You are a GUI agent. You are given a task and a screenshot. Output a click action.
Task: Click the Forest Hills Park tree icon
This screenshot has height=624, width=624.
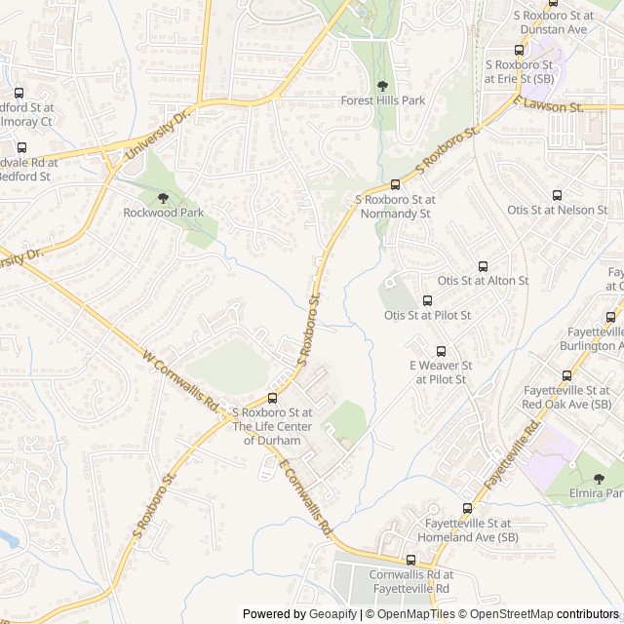tap(382, 87)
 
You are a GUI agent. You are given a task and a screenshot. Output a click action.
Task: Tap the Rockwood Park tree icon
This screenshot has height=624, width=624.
tap(162, 198)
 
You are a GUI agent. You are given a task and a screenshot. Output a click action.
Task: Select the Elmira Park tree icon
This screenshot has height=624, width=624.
tap(599, 480)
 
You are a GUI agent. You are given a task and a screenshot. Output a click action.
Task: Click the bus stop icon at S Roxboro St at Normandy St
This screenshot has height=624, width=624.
tap(395, 185)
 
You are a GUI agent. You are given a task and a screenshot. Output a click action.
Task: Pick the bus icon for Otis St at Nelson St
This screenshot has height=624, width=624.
tap(557, 196)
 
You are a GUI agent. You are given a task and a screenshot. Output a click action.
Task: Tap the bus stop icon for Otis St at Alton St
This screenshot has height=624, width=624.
tap(483, 266)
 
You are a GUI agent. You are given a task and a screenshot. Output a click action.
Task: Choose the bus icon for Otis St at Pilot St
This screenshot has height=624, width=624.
tap(427, 301)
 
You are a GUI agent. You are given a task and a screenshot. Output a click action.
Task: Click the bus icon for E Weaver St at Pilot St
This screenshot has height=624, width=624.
tap(441, 351)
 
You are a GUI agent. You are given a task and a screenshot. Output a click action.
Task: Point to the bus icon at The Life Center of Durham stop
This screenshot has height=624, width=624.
tap(272, 398)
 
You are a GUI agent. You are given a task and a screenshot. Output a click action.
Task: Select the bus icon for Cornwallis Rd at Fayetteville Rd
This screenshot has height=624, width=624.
tap(409, 561)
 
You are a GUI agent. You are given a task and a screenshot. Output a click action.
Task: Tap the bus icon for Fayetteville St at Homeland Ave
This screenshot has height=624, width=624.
tap(467, 508)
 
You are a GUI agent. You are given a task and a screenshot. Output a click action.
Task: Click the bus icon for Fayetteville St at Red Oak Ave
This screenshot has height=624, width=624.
tap(566, 375)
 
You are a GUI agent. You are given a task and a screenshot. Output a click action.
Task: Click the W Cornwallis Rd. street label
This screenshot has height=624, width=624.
tap(181, 380)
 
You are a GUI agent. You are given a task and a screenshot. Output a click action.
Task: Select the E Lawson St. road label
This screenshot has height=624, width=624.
tap(548, 104)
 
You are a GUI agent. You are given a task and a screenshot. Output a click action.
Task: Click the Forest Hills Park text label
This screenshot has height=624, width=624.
tap(382, 100)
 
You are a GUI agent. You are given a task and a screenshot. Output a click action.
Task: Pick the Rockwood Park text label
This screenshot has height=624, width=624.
tap(163, 212)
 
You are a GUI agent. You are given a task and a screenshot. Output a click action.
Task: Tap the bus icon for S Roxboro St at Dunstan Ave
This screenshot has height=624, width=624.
tap(519, 50)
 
